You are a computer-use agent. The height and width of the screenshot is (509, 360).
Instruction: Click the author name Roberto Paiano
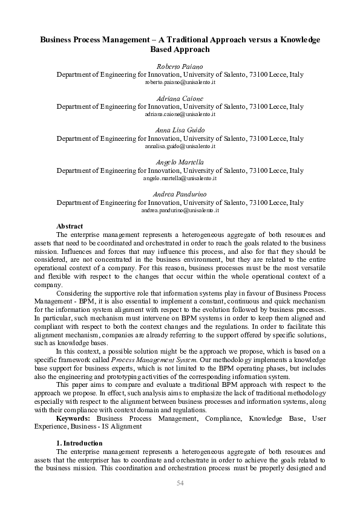[x=180, y=66]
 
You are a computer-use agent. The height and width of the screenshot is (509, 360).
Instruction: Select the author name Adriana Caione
[x=180, y=98]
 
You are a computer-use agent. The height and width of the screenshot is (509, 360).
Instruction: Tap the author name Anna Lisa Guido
[x=180, y=130]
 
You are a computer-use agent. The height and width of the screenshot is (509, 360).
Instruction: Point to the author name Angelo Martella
[x=180, y=163]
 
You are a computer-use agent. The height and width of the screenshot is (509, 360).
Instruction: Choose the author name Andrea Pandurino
[x=180, y=194]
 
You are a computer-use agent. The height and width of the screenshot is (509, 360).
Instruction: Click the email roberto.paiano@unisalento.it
[x=180, y=82]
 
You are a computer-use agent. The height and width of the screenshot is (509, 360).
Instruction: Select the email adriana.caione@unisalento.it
[x=180, y=114]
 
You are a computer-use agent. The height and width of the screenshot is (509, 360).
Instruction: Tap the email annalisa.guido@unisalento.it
[x=180, y=146]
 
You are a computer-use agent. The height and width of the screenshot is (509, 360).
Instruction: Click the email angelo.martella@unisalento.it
[x=180, y=178]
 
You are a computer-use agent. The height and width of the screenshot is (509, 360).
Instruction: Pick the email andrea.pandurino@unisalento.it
[x=180, y=210]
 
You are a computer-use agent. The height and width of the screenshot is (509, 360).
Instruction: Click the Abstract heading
[x=70, y=226]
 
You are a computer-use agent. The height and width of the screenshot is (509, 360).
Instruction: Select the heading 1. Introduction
[x=79, y=443]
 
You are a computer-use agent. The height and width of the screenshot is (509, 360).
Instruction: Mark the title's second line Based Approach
[x=180, y=50]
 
